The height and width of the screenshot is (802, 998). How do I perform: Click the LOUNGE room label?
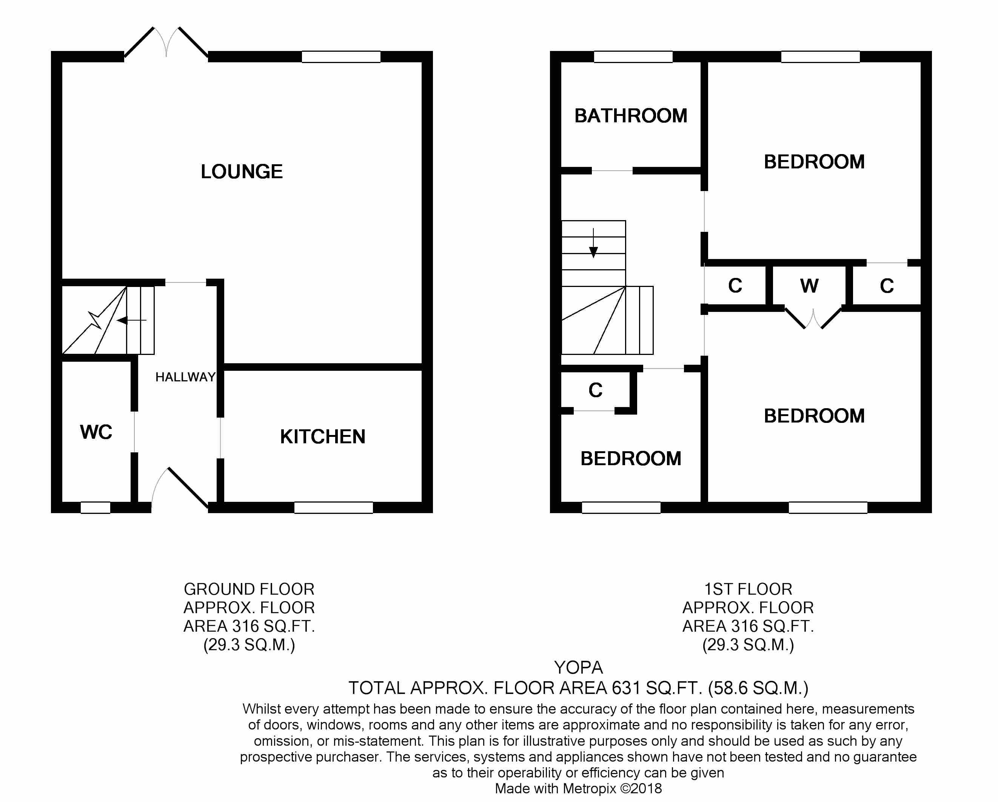241,172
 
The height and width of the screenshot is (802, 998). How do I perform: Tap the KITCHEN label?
323,436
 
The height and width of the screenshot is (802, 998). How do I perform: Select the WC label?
96,432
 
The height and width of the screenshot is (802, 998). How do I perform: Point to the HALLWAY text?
185,377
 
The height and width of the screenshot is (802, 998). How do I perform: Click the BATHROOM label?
630,116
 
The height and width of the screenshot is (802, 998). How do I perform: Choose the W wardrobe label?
809,286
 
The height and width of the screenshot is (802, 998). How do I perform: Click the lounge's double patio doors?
166,43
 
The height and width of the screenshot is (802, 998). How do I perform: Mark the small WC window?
95,507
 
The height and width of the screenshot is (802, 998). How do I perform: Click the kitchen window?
333,507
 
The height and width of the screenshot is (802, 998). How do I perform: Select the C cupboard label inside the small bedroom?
595,390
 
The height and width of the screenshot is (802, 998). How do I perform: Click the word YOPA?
578,667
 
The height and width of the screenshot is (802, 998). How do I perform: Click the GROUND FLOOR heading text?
249,589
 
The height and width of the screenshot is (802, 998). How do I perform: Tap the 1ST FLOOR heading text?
748,589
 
